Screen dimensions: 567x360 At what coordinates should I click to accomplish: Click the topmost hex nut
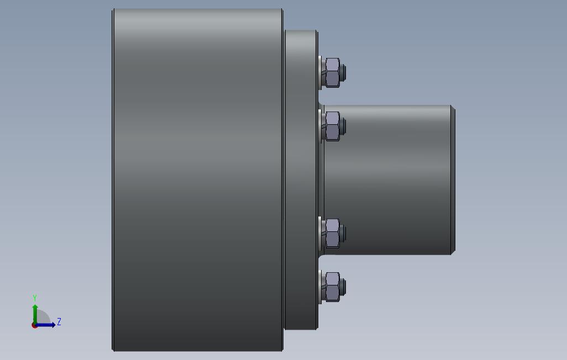tap(332, 73)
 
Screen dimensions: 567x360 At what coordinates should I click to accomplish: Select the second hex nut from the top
tap(332, 126)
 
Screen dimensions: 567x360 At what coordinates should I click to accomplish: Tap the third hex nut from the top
tap(332, 234)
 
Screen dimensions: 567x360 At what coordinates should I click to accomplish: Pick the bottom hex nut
tap(332, 287)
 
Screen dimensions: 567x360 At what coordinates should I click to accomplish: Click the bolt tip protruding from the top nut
tap(343, 73)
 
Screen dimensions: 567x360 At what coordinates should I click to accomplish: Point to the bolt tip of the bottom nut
tap(343, 287)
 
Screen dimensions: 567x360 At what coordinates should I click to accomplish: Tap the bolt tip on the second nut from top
tap(343, 126)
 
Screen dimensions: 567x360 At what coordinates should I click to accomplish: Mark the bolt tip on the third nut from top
tap(343, 234)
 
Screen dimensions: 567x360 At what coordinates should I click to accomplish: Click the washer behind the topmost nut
tap(320, 73)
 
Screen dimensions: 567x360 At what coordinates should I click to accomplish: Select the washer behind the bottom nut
tap(320, 287)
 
